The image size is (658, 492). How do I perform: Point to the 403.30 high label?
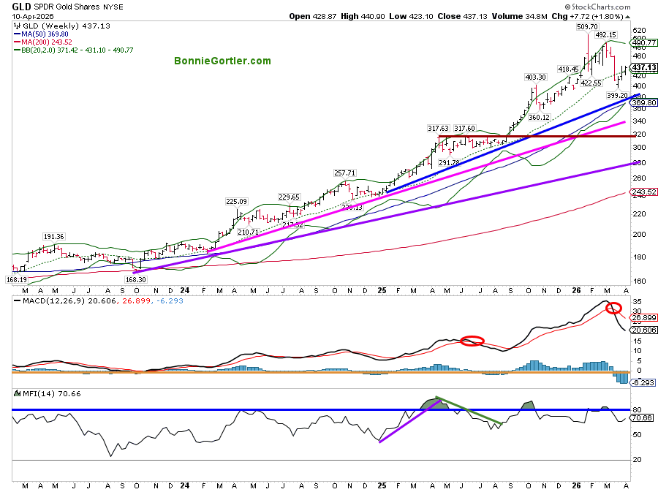536,77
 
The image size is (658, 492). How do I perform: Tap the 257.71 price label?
344,173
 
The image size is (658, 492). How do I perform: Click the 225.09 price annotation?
236,202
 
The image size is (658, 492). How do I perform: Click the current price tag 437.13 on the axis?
643,67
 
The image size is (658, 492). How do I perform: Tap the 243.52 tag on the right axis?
643,192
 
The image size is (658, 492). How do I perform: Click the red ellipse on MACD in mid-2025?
472,341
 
